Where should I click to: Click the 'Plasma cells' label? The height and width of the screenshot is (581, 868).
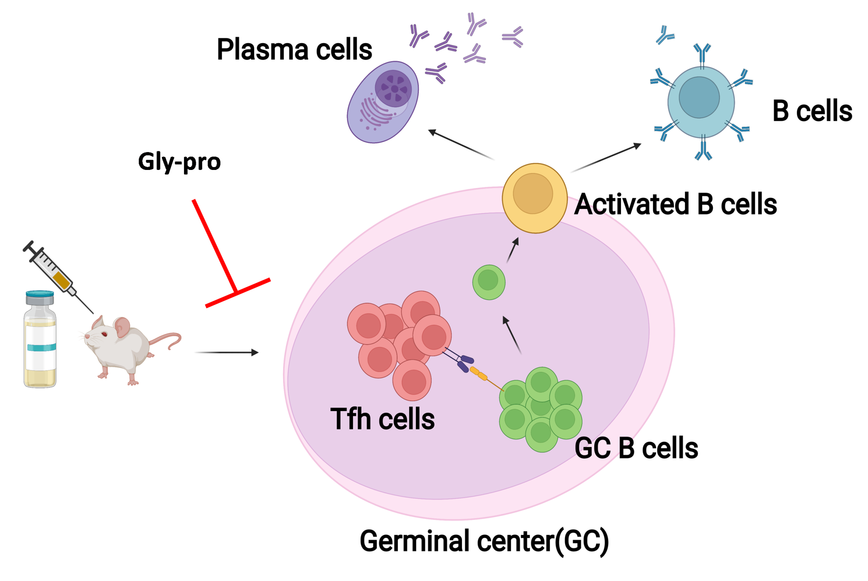click(x=294, y=50)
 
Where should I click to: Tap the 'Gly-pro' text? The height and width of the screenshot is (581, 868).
click(x=179, y=162)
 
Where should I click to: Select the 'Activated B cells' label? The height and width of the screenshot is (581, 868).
click(x=675, y=204)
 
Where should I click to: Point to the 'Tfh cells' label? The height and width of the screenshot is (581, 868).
click(x=382, y=419)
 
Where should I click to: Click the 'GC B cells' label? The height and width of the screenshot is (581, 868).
click(x=636, y=448)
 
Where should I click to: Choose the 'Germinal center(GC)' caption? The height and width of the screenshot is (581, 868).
click(x=484, y=541)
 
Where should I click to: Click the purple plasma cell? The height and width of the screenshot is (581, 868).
click(x=382, y=103)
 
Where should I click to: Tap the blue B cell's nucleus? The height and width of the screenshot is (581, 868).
click(x=699, y=97)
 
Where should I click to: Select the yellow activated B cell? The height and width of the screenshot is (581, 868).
click(x=534, y=198)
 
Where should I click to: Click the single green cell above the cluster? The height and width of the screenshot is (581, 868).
click(x=489, y=282)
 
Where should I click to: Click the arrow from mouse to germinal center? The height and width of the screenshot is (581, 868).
click(x=226, y=352)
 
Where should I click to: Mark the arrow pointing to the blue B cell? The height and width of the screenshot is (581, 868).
click(x=606, y=158)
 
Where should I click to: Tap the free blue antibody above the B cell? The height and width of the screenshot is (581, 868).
click(x=664, y=35)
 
